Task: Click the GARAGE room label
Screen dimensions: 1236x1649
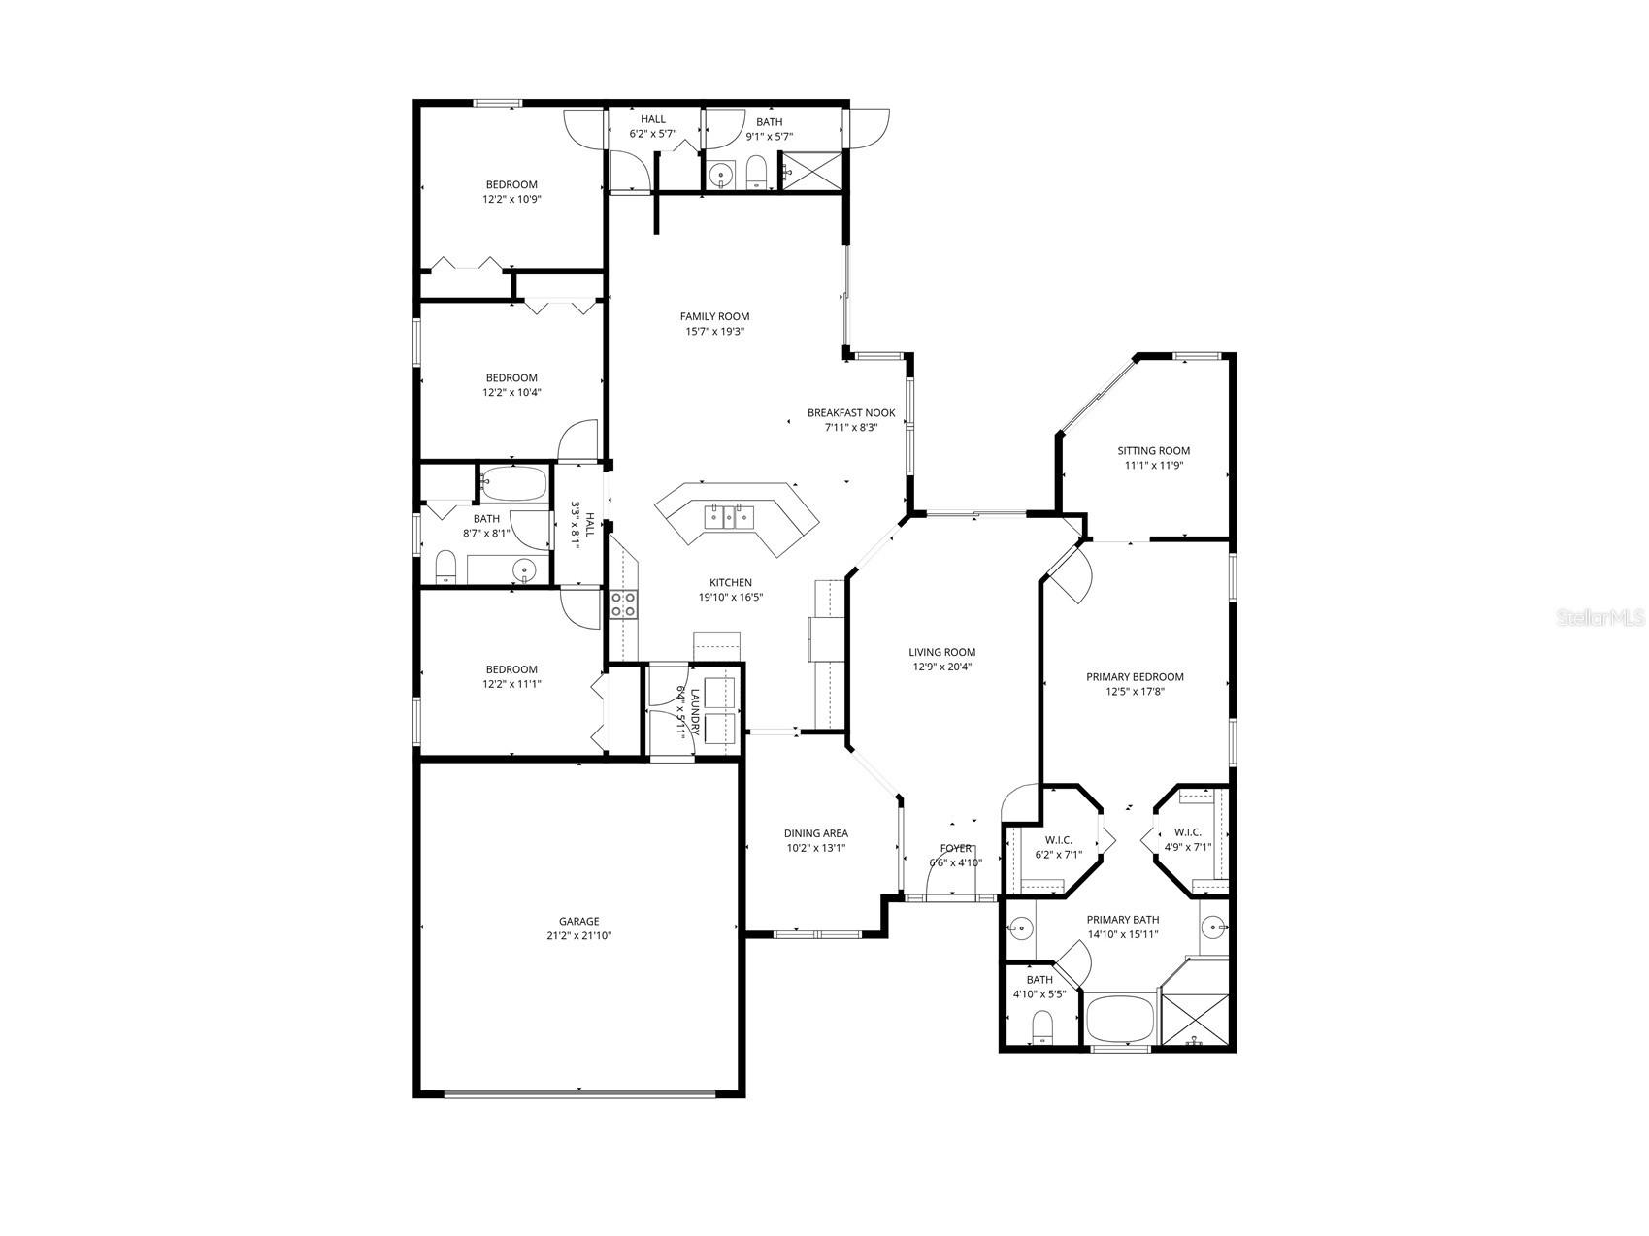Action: [578, 921]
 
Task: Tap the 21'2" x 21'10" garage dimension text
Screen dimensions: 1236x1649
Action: [578, 936]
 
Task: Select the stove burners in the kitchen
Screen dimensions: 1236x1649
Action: [622, 604]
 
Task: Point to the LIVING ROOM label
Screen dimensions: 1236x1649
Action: [941, 652]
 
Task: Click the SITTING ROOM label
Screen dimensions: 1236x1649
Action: [1153, 450]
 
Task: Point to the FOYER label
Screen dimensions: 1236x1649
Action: [956, 848]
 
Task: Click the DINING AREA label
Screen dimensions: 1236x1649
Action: [815, 832]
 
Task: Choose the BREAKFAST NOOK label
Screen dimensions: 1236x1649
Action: [851, 412]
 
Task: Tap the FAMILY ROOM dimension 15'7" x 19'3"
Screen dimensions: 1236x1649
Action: [714, 331]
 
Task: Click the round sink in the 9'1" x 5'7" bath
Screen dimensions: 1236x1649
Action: [720, 176]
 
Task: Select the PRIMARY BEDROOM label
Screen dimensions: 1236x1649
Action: [1135, 676]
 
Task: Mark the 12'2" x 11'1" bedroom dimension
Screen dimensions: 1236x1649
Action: [511, 684]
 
